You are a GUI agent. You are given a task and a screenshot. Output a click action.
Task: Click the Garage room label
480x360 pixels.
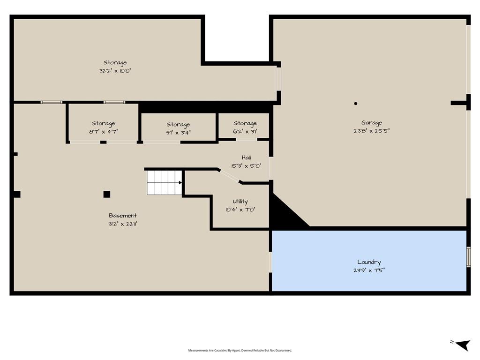[371, 123]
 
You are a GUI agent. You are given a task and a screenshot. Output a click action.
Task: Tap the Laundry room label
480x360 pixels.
[369, 262]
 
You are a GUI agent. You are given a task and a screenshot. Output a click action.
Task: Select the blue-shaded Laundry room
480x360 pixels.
[369, 261]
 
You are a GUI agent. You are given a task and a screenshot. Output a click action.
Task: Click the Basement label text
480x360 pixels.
[123, 216]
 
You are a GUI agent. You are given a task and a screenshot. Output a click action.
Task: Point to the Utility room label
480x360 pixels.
[240, 202]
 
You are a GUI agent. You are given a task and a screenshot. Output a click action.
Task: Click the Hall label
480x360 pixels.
[247, 157]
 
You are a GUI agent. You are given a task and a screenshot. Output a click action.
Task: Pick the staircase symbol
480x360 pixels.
[165, 183]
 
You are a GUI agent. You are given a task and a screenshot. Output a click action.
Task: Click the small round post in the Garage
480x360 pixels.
[355, 104]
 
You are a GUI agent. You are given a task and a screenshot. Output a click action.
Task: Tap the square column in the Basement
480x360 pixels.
[106, 194]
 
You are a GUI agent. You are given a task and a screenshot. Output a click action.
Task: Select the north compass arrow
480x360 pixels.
[463, 345]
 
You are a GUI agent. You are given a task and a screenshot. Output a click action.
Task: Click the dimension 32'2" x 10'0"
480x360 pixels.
[115, 71]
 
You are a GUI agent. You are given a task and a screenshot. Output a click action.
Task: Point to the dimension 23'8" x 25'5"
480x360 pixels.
[371, 131]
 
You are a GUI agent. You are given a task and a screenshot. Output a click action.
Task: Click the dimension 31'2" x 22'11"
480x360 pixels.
[123, 224]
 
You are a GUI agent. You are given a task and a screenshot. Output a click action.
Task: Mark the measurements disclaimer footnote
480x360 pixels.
[240, 350]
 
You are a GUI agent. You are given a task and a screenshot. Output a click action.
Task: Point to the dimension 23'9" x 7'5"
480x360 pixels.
[369, 270]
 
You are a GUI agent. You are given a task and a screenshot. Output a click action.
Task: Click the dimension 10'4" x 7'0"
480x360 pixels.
[240, 210]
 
